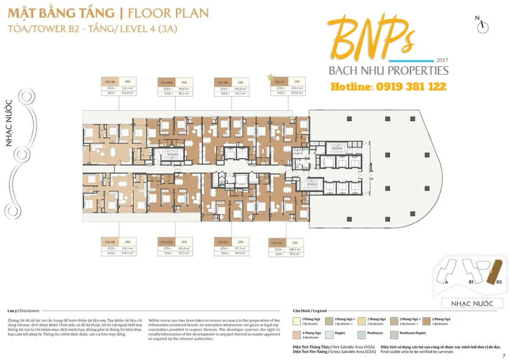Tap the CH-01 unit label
coord(280,82)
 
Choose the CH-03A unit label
coord(167,242)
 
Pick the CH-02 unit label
coord(278,243)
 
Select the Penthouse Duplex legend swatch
coord(393,333)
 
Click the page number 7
coord(503,356)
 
